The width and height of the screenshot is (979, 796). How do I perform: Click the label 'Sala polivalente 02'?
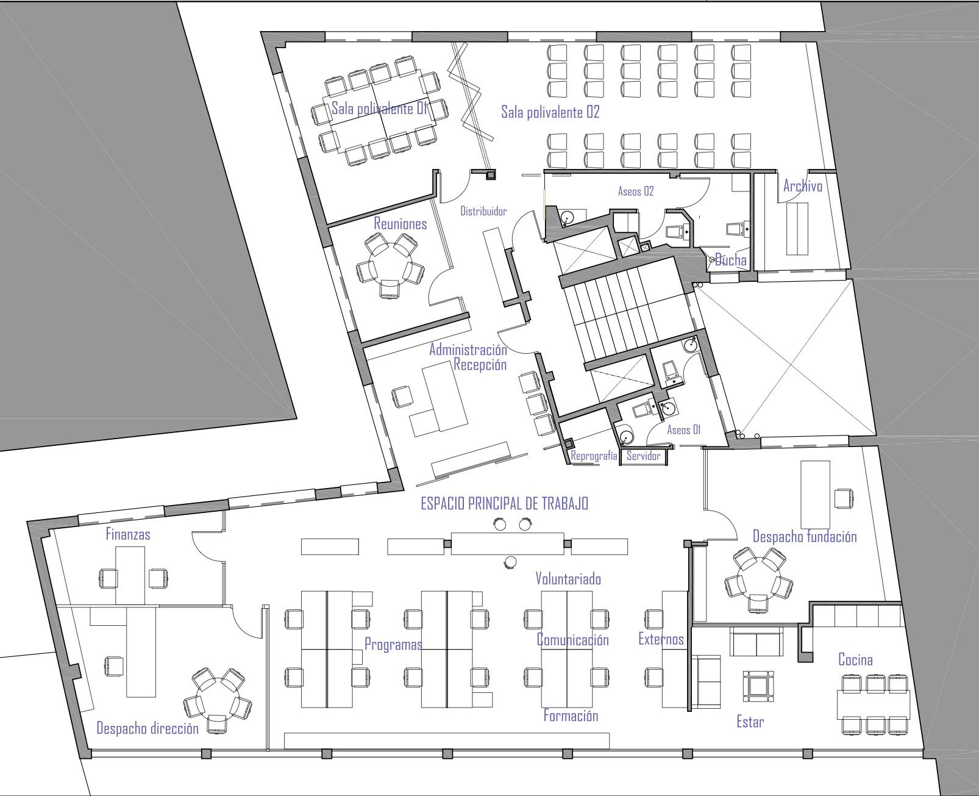tap(550, 112)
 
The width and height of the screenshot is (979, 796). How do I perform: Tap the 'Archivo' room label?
tap(802, 186)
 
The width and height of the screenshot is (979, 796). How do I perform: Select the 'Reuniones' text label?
tap(400, 224)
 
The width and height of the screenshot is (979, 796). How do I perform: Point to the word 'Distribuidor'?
tap(483, 211)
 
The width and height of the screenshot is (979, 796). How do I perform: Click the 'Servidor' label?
tap(644, 456)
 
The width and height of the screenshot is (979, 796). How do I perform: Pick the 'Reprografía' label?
tap(594, 456)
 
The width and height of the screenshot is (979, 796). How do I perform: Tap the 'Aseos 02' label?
tap(636, 192)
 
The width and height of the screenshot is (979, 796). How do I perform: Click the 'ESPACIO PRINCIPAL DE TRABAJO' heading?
tap(505, 504)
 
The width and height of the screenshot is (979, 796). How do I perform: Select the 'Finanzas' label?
tap(128, 534)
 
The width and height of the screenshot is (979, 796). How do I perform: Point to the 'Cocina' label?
tap(855, 659)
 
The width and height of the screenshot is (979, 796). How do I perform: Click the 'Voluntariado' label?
tap(568, 578)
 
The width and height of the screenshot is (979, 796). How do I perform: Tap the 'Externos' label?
tap(661, 639)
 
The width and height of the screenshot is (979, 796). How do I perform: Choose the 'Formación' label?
tap(571, 715)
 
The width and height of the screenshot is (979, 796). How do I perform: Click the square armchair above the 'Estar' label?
tap(758, 686)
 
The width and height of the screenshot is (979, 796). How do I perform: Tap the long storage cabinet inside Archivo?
tap(797, 229)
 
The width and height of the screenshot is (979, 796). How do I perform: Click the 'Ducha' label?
tap(730, 260)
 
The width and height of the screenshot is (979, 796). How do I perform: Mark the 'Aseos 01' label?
tap(684, 430)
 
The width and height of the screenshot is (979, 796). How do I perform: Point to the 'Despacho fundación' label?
tap(804, 537)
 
